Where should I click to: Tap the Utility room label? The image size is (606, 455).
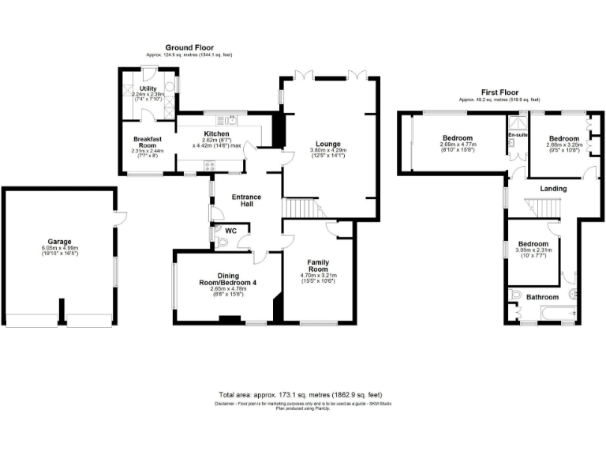[x=148, y=88]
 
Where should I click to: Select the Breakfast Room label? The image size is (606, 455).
[x=145, y=142]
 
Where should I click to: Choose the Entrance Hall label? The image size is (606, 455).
[x=245, y=201]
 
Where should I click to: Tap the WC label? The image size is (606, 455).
[x=231, y=231]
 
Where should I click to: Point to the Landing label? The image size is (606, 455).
[x=552, y=188]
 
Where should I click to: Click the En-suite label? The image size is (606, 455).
[x=517, y=135]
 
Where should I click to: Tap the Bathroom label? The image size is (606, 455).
[x=543, y=297]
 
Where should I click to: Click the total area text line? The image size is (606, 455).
[x=303, y=394]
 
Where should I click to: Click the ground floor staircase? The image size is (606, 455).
[x=301, y=209]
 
